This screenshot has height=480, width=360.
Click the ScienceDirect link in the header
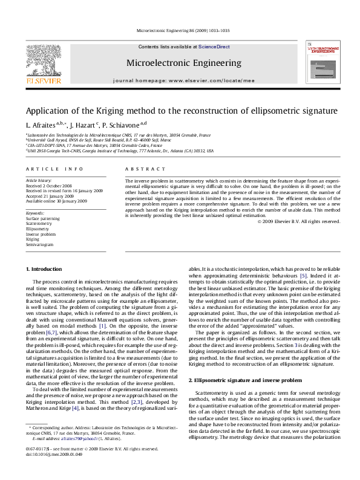point(215,47)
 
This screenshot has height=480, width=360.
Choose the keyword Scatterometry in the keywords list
point(38,224)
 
